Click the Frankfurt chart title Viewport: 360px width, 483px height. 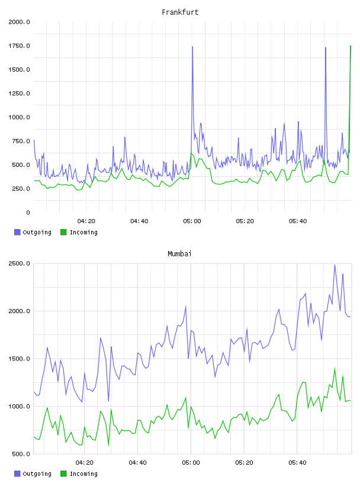(180, 12)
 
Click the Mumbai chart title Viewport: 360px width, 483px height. (179, 254)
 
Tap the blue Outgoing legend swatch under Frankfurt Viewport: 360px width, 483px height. (17, 232)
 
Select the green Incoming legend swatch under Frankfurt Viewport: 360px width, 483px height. (63, 232)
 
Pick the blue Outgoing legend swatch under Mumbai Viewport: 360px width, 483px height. (17, 474)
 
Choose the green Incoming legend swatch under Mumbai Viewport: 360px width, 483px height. (63, 474)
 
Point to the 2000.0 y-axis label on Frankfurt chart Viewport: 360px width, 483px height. (19, 22)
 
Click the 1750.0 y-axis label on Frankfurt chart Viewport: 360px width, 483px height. (19, 46)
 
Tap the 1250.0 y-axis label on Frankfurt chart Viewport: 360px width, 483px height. (19, 94)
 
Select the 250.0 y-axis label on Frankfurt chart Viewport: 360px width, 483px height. (21, 188)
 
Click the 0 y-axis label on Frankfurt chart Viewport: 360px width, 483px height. (28, 212)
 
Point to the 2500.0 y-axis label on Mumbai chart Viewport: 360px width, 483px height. (19, 263)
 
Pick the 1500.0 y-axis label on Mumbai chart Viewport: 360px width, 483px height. (19, 359)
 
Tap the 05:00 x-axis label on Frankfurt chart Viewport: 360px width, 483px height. (192, 221)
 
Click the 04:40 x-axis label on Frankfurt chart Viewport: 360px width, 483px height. (139, 221)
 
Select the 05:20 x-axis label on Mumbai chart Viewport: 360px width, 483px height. (244, 463)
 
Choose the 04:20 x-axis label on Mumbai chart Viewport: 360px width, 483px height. (85, 463)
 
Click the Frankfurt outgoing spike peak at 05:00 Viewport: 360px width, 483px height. (192, 47)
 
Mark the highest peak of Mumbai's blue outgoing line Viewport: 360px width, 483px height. (335, 265)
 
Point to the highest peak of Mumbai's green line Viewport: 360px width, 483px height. (335, 368)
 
